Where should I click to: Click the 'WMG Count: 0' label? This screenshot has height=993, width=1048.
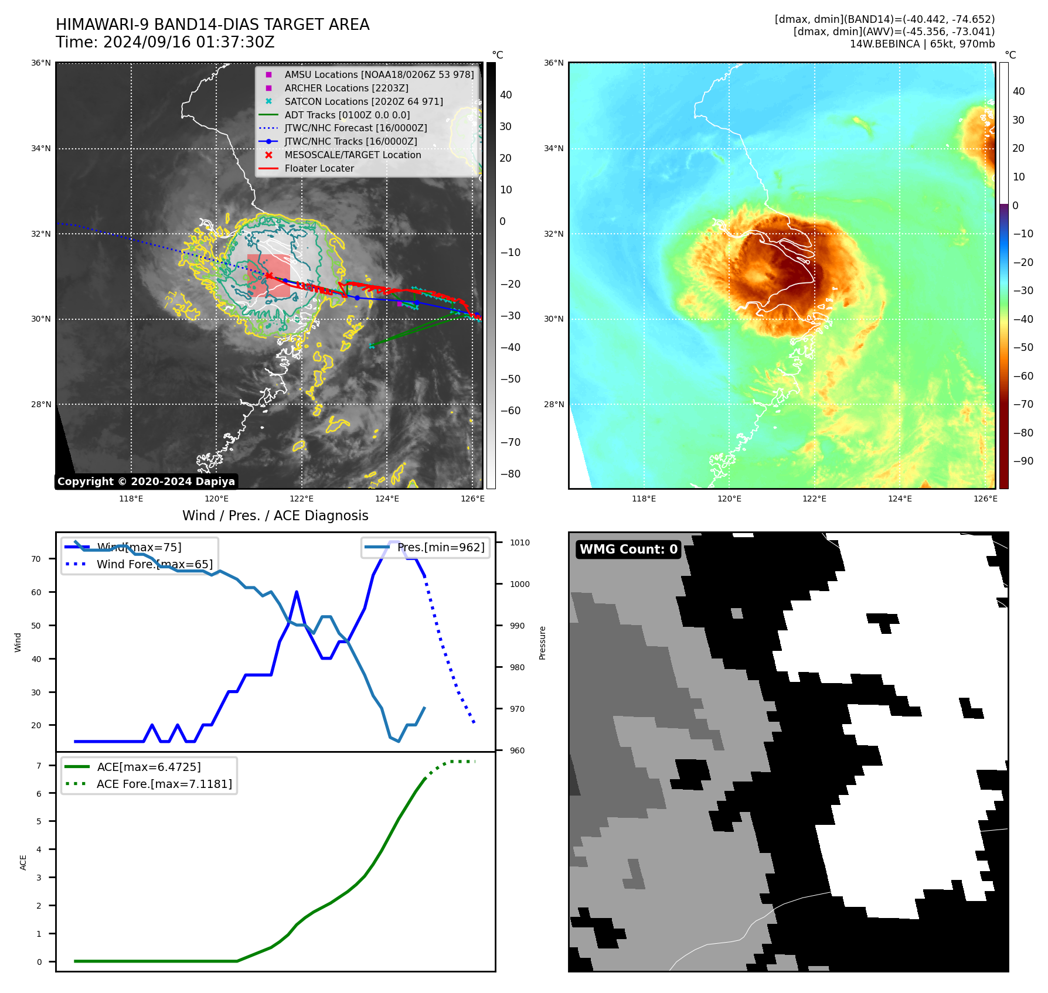(x=628, y=549)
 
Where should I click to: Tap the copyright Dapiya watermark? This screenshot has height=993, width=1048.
(x=146, y=482)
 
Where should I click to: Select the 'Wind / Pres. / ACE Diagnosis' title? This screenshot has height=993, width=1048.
(x=275, y=516)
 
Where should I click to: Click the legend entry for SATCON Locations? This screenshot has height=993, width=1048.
(x=363, y=101)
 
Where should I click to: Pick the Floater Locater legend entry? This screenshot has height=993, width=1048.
(x=319, y=168)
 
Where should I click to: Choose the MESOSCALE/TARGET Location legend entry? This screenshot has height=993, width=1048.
(x=352, y=155)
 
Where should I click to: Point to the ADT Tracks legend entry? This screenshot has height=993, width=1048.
(x=347, y=115)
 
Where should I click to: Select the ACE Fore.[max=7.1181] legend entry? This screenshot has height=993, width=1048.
(x=164, y=784)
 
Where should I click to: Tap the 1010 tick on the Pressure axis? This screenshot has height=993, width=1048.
(x=519, y=542)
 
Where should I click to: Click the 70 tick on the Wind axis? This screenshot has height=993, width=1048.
(x=36, y=559)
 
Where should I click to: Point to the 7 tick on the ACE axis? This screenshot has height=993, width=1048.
(x=39, y=766)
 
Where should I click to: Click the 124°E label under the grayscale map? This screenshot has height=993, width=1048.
(x=387, y=499)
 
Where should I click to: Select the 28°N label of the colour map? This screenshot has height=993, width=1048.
(x=553, y=404)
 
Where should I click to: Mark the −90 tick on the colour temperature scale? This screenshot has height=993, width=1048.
(x=1023, y=461)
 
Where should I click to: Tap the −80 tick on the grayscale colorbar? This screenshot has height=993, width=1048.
(x=510, y=474)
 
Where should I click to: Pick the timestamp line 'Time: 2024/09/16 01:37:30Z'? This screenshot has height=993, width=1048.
(x=165, y=42)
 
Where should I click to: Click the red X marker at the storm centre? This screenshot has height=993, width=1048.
(x=268, y=275)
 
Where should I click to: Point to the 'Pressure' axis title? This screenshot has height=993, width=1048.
(x=542, y=643)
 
